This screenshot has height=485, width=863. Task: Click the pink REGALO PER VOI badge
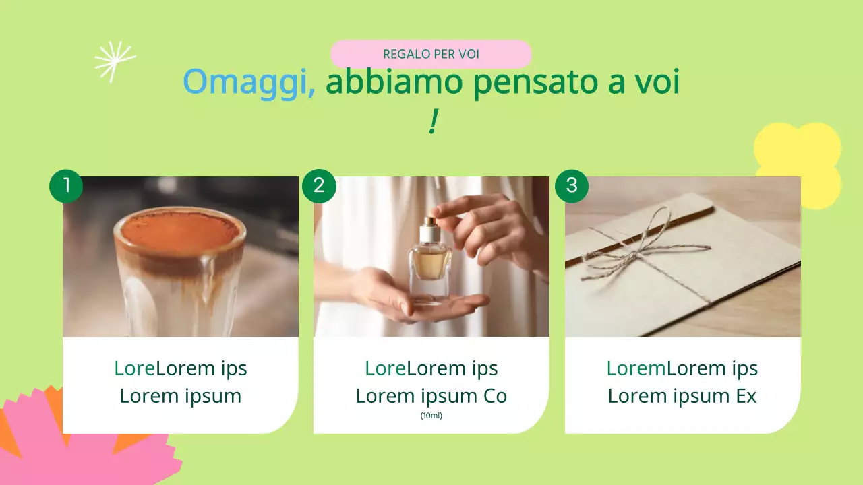click(431, 54)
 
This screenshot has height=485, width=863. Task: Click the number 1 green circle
click(66, 185)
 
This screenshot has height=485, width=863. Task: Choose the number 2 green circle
click(319, 185)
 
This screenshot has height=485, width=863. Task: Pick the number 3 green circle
click(572, 185)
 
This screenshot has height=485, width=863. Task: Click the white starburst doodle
click(114, 61)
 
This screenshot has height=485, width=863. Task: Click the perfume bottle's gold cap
click(429, 222)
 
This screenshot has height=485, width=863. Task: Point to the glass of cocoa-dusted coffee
click(179, 269)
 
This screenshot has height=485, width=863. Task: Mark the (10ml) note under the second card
click(431, 416)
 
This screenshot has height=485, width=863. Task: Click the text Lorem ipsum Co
click(431, 396)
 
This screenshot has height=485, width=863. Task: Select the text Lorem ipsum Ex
click(682, 396)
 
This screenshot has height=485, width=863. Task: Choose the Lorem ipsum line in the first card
click(180, 396)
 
